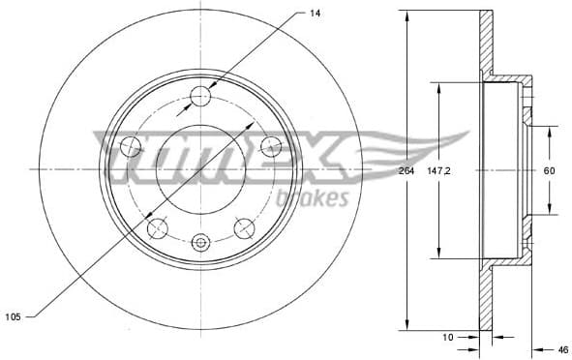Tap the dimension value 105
point(13,315)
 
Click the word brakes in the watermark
point(313,199)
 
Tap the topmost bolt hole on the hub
point(200,95)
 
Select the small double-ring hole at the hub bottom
point(201,242)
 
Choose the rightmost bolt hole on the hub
point(271,146)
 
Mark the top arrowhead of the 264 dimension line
point(406,15)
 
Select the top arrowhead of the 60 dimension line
point(550,130)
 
